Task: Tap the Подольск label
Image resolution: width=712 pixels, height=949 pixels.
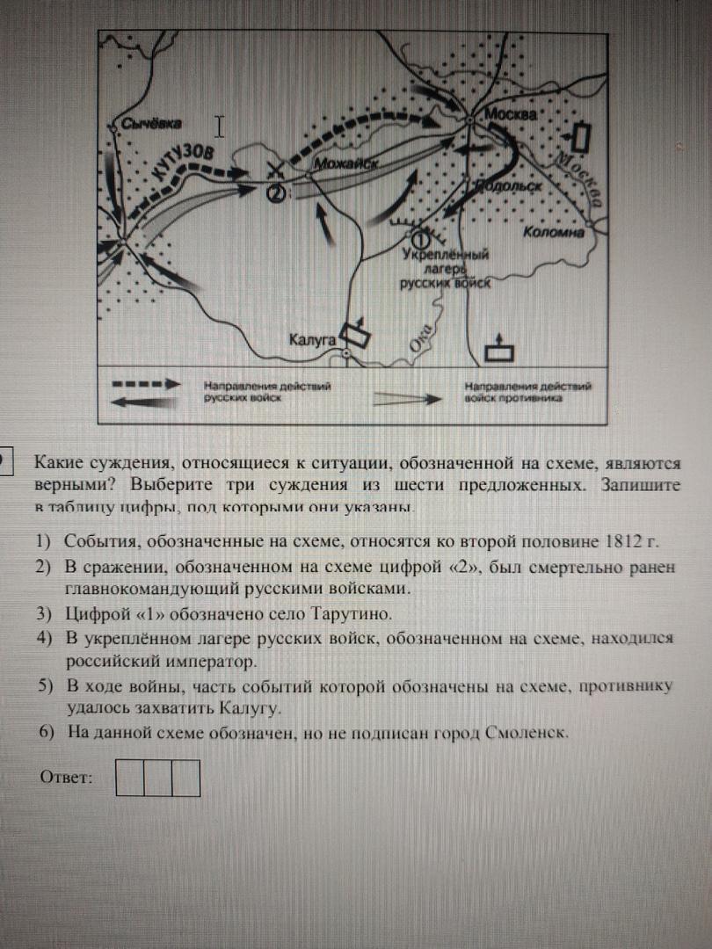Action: click(x=507, y=185)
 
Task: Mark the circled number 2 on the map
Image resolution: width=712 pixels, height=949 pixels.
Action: click(x=275, y=194)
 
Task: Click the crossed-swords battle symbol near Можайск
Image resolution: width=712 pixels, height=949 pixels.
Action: click(x=275, y=171)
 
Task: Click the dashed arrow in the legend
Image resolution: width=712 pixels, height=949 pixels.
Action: click(x=145, y=385)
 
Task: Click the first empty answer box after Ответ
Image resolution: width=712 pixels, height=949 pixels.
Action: click(x=130, y=777)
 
